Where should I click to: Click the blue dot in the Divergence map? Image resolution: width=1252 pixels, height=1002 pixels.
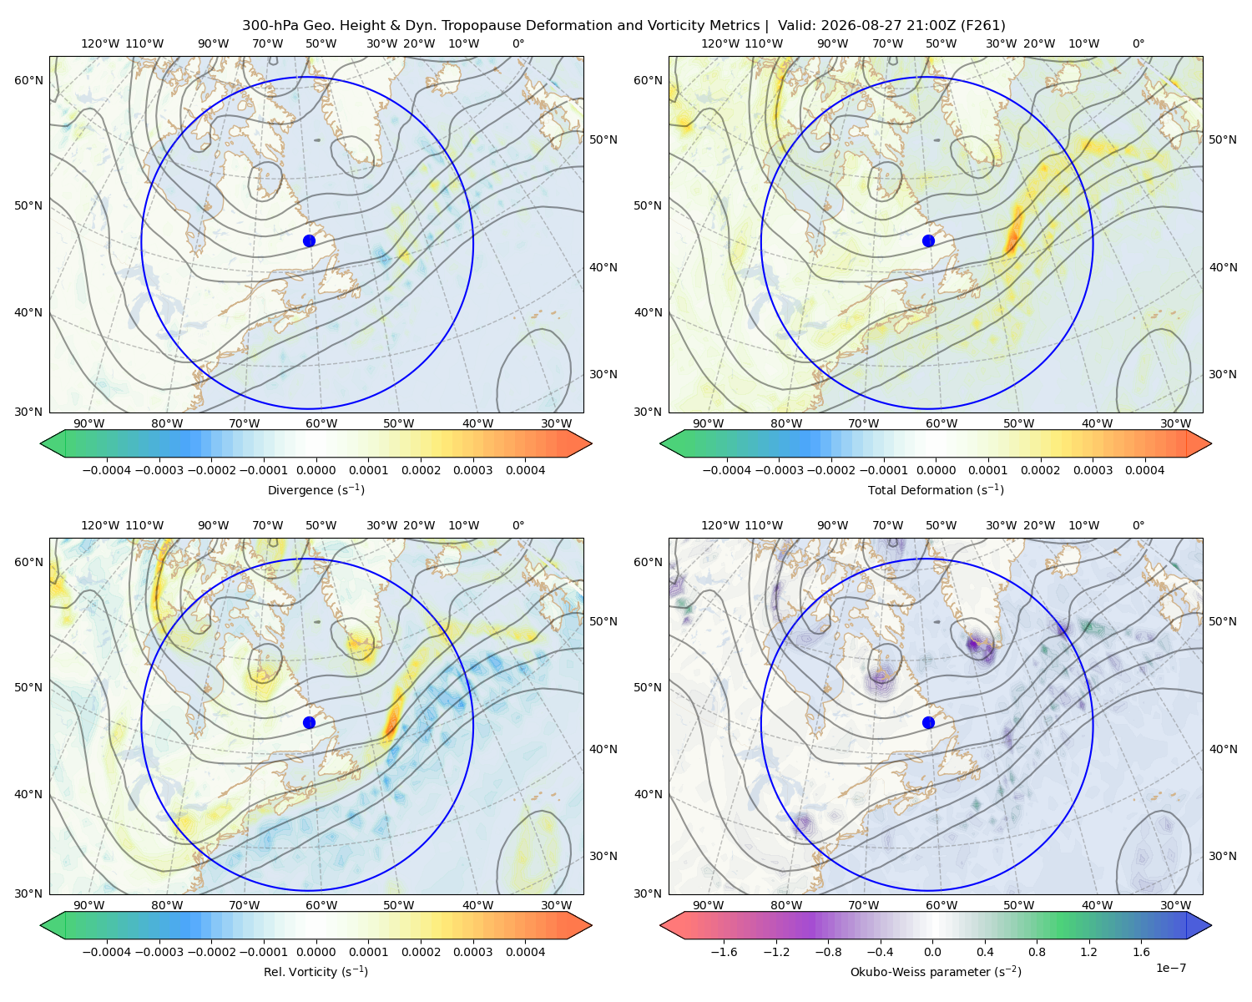(x=309, y=240)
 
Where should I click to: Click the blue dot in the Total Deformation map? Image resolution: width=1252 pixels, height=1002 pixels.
(x=928, y=240)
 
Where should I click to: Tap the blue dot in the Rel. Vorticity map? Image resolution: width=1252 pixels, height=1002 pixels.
(x=309, y=722)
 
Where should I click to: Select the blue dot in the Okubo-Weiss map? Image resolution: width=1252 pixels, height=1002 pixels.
(x=928, y=722)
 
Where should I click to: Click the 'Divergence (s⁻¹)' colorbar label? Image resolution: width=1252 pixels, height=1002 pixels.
(x=316, y=489)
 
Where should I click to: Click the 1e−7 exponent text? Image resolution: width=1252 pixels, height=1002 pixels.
(x=1170, y=968)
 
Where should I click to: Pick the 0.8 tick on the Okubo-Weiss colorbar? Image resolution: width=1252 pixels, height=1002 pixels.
(x=1037, y=951)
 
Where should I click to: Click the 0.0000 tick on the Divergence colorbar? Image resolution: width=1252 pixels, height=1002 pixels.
(x=316, y=470)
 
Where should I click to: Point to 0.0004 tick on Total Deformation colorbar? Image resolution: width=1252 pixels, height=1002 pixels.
(x=1144, y=470)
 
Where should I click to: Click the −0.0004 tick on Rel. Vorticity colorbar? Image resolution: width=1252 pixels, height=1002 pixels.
(x=107, y=951)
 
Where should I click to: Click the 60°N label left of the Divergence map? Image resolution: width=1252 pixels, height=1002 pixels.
(x=28, y=80)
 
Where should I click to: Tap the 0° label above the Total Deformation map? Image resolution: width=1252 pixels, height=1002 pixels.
(x=1138, y=43)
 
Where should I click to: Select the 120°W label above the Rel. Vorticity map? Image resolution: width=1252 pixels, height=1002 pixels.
(x=100, y=524)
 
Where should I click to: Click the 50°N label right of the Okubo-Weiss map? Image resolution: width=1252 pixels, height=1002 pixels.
(x=1222, y=620)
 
